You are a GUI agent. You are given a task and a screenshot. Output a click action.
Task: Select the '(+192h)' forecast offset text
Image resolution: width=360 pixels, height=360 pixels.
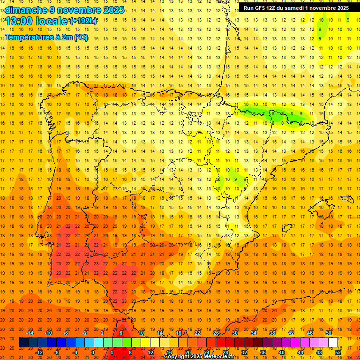pos(83,21)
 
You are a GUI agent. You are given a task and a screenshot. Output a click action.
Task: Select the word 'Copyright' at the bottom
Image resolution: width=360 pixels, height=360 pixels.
pos(177,357)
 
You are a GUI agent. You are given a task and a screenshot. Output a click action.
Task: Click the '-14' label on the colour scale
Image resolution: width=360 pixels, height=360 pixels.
pos(30,333)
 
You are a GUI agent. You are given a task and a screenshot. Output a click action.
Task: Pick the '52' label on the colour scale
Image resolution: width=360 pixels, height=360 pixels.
pos(338,352)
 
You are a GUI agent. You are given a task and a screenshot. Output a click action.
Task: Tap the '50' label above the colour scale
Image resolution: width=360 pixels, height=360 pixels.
pos(329,333)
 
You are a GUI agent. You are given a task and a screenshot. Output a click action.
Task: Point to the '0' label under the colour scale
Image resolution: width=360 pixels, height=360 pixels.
pos(93,352)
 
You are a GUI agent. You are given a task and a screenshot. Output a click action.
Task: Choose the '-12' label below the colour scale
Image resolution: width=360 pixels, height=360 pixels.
pos(39,352)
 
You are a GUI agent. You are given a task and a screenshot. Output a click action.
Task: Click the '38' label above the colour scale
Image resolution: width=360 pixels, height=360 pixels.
pos(272,333)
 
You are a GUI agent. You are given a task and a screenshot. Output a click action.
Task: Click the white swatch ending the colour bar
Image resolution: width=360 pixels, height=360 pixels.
pos(333,343)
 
